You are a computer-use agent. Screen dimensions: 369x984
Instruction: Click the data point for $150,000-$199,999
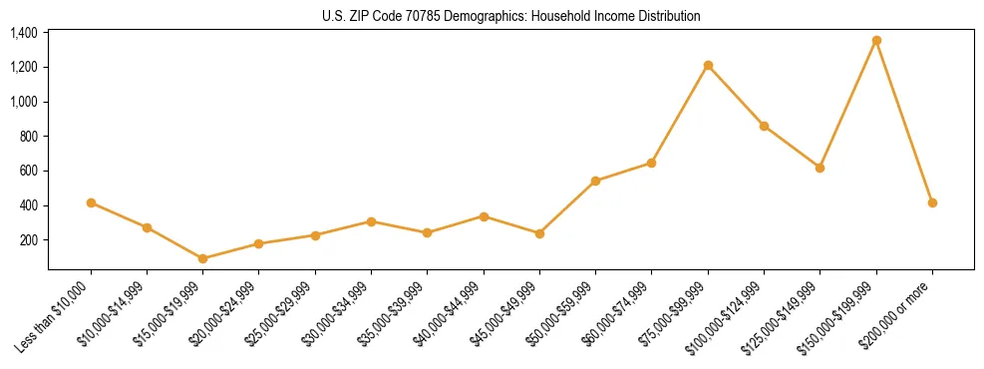(x=876, y=41)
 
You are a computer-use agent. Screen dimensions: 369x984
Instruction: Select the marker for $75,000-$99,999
(x=708, y=66)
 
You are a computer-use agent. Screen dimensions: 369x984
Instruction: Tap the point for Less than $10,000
(x=91, y=202)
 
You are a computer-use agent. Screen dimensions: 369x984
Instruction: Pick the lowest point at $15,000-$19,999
(x=203, y=258)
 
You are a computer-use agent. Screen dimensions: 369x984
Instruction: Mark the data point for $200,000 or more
(x=932, y=202)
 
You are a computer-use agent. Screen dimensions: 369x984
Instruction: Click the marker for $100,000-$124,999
(x=764, y=126)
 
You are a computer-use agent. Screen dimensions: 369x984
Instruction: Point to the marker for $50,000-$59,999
(x=595, y=181)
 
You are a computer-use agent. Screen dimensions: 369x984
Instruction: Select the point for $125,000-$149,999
(x=820, y=168)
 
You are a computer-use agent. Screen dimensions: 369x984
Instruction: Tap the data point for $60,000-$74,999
(x=651, y=163)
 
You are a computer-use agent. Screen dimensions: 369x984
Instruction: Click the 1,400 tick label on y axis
(x=24, y=33)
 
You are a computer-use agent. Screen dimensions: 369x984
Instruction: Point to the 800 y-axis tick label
(x=29, y=137)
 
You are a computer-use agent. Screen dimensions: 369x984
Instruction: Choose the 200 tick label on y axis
(x=29, y=240)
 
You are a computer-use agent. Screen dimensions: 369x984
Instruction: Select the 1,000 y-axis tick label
(x=24, y=102)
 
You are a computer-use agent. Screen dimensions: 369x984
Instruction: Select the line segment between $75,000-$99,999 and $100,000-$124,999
(x=736, y=96)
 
